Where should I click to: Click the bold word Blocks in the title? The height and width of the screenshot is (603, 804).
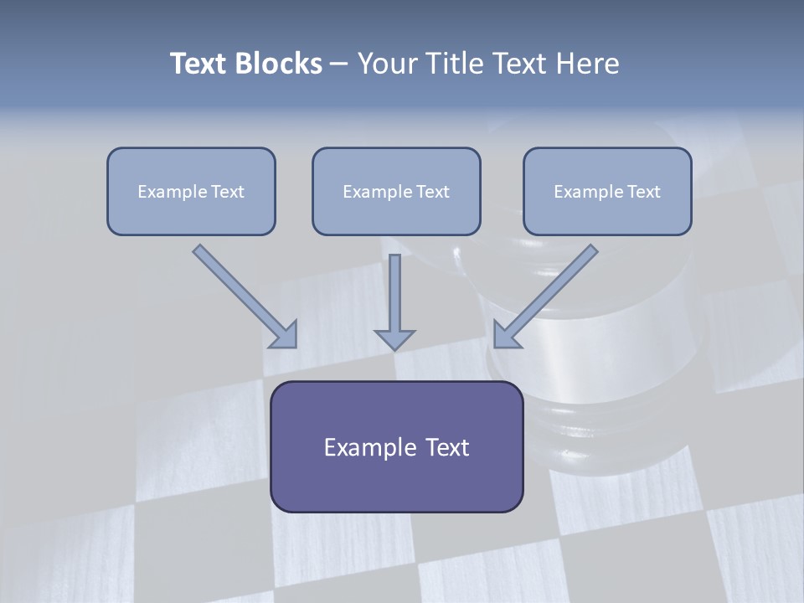(x=279, y=64)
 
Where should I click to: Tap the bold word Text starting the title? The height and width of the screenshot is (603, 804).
(x=200, y=64)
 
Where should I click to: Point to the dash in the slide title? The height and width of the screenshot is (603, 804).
(x=339, y=64)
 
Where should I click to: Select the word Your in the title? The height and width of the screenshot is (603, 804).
(x=388, y=64)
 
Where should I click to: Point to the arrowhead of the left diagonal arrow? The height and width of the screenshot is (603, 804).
(x=285, y=336)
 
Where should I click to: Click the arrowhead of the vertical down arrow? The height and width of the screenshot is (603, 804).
(x=394, y=339)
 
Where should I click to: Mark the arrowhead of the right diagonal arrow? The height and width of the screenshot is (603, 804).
(x=506, y=336)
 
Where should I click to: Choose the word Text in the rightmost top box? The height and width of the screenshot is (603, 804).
(x=644, y=192)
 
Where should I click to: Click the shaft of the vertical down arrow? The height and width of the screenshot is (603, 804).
(x=394, y=289)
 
